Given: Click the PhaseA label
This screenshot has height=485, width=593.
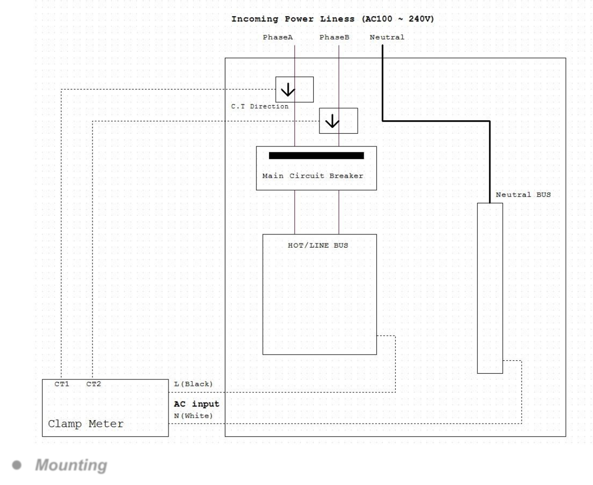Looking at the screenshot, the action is (x=278, y=37).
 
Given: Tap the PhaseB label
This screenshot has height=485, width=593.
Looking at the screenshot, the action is (x=334, y=37).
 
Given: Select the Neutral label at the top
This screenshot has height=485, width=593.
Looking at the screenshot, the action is (x=387, y=37).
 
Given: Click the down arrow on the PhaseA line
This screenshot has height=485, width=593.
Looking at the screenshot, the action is (x=288, y=90).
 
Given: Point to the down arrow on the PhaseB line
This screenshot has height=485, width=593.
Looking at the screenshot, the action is (x=332, y=121).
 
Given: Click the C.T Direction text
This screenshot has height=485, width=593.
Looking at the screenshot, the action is (x=260, y=106).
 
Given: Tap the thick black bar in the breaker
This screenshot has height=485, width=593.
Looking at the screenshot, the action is (x=316, y=155).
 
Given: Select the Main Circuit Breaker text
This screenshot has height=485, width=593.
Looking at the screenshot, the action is (x=313, y=176).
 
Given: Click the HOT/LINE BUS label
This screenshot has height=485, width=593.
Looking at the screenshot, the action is (x=318, y=245).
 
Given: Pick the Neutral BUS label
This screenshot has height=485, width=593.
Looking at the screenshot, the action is (x=523, y=195).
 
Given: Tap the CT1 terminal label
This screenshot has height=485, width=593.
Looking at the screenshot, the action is (x=62, y=384).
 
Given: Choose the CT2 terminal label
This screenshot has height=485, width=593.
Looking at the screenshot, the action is (x=94, y=384).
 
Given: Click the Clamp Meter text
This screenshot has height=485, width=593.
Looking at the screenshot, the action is (x=86, y=424).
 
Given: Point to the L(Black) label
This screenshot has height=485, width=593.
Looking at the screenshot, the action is (x=193, y=384).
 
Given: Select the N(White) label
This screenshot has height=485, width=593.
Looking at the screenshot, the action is (x=193, y=416).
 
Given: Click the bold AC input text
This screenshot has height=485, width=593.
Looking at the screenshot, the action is (x=197, y=403).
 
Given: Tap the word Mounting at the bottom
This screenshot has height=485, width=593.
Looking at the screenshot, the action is (x=71, y=465).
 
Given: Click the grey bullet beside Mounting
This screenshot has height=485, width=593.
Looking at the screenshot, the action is (x=17, y=465).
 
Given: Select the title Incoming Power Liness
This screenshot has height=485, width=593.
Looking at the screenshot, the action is (x=293, y=19).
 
